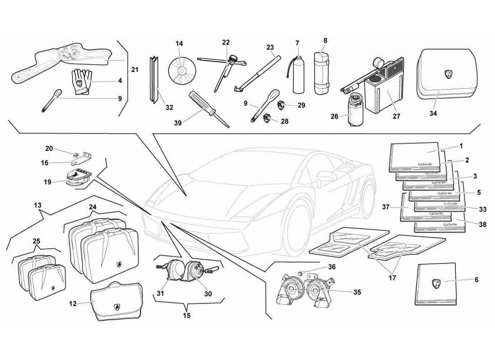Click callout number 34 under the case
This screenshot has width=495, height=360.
(x=433, y=113)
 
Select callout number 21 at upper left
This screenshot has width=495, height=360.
(x=135, y=70)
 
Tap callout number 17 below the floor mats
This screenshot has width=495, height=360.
(x=392, y=278)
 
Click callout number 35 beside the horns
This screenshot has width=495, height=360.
(x=357, y=292)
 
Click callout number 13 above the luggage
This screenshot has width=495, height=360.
(x=37, y=205)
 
